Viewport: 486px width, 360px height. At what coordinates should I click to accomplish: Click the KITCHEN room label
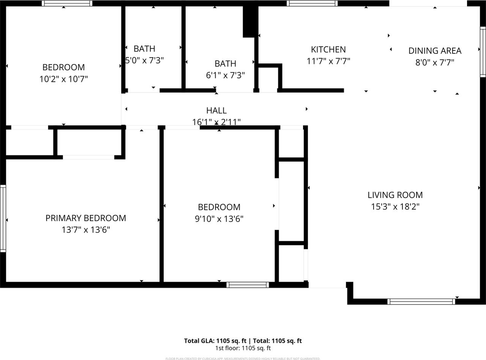coord(328,49)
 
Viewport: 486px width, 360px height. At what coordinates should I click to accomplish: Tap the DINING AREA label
coord(435,50)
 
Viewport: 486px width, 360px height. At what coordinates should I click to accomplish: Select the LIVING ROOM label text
coord(395,195)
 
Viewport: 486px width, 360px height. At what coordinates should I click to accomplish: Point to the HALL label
coord(216,110)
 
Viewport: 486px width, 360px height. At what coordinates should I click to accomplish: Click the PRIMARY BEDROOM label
coord(86,218)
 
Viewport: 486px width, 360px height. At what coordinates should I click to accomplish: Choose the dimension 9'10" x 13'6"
coord(219,219)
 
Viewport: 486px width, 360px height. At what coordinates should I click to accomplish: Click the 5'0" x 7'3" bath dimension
coord(145,60)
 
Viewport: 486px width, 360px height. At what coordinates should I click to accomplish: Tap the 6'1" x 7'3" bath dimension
coord(225,75)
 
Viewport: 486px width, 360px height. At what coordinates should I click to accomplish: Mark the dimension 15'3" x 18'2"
coord(395,207)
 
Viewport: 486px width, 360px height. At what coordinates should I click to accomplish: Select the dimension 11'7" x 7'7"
coord(328,61)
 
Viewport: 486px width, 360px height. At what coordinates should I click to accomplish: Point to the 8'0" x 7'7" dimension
coord(435,62)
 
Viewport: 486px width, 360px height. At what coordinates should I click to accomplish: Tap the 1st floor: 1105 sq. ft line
coord(243,348)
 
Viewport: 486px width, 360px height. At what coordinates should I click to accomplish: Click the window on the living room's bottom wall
coord(421,302)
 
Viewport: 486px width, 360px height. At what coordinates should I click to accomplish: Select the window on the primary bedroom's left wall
coord(3,218)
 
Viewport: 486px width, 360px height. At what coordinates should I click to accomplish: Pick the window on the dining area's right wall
coord(483,52)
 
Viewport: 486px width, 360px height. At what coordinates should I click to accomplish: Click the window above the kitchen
coord(312,3)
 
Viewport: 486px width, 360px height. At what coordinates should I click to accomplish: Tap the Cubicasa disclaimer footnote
coord(243,358)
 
